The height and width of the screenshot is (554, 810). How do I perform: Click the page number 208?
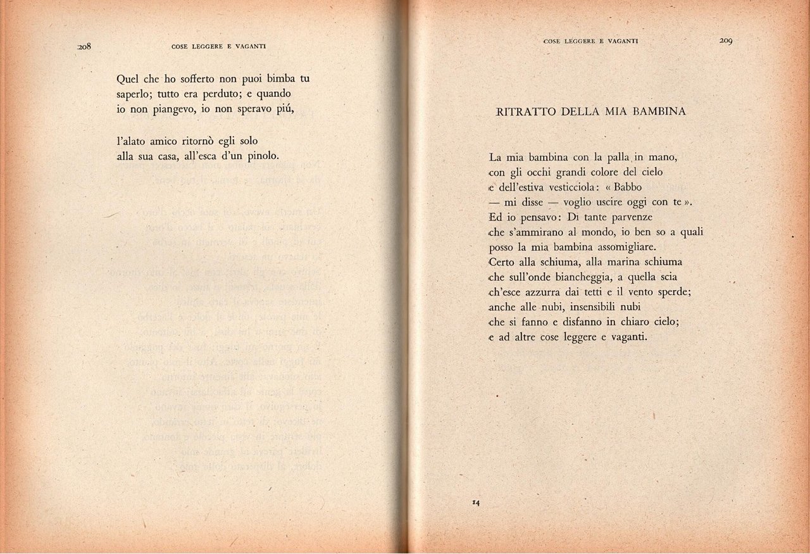[x=85, y=46]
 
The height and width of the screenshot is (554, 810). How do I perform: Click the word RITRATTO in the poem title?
[x=517, y=112]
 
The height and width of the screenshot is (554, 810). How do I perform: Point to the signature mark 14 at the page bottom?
[x=476, y=503]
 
